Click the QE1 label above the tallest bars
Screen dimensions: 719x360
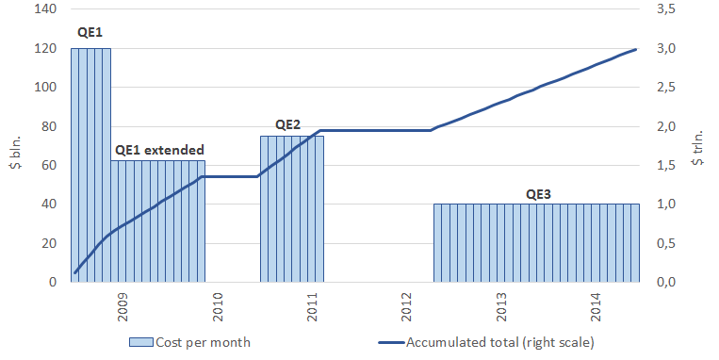click(90, 33)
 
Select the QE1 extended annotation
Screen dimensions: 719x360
click(159, 150)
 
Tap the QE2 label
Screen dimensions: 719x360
click(287, 124)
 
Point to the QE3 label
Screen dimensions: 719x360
click(538, 194)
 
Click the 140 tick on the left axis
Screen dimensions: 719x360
click(45, 8)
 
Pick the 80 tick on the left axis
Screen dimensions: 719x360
click(49, 126)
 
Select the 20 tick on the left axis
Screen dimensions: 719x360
click(49, 243)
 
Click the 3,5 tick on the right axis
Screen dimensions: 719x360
click(666, 9)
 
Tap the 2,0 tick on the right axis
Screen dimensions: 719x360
click(666, 126)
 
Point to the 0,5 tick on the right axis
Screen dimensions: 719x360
click(666, 243)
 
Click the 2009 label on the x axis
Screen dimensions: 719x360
click(123, 307)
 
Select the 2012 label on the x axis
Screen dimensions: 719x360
click(407, 307)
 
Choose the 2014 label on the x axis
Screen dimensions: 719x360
click(596, 307)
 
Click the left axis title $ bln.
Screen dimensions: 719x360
click(17, 153)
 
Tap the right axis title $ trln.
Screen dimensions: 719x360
click(697, 148)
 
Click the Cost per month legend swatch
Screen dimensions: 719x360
click(140, 342)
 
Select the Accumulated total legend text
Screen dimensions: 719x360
click(499, 342)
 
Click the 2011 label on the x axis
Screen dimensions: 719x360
click(313, 307)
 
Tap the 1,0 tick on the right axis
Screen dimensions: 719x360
click(666, 205)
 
